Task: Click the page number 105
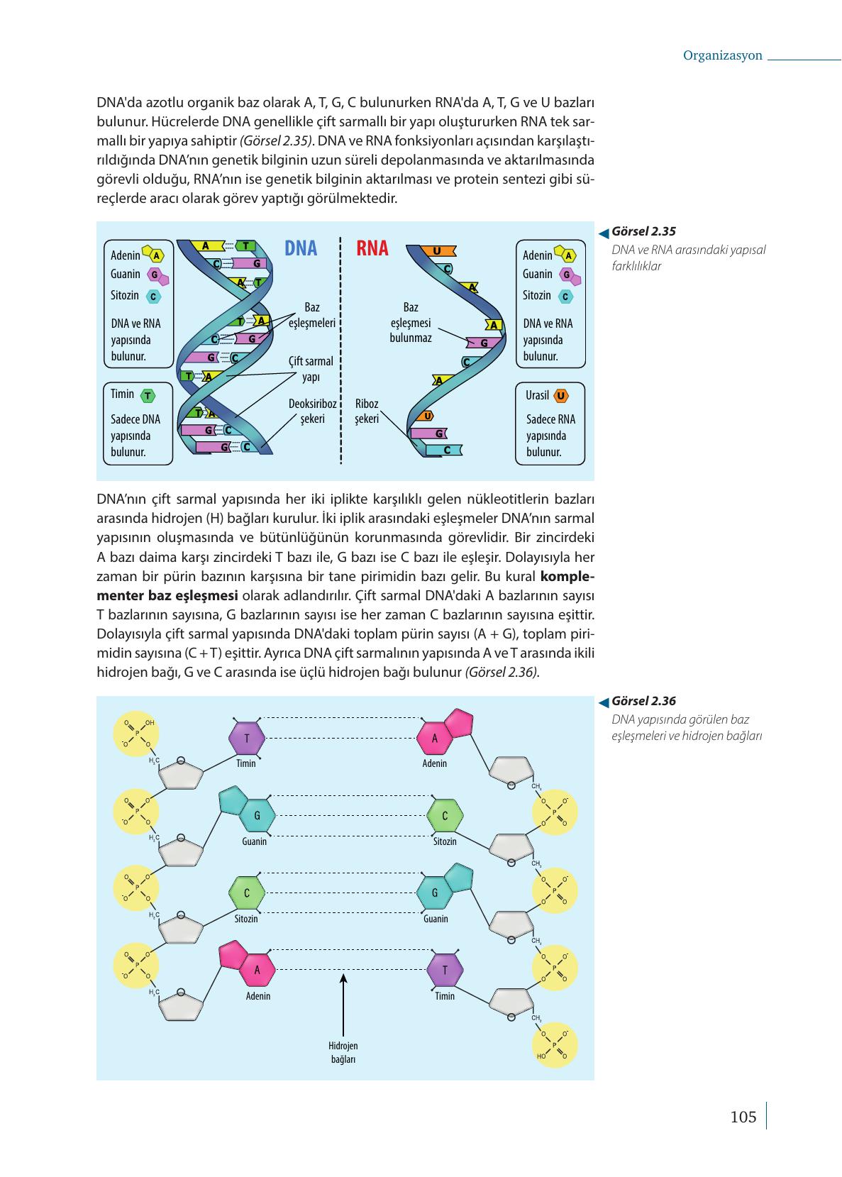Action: click(x=743, y=1117)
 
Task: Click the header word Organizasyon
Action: click(x=722, y=55)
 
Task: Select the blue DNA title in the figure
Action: click(x=301, y=248)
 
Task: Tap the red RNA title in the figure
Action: click(x=372, y=248)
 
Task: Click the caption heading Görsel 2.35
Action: click(x=643, y=231)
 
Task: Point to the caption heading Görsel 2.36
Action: click(x=643, y=701)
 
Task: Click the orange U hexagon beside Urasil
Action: click(x=561, y=396)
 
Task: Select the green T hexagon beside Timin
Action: click(x=148, y=396)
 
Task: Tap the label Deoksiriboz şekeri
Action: click(x=313, y=411)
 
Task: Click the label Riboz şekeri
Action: click(x=367, y=411)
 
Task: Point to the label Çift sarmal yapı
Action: click(x=311, y=369)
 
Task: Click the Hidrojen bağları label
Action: click(x=343, y=1052)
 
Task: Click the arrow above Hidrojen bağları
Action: click(x=343, y=1005)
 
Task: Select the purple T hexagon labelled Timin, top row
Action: click(x=247, y=738)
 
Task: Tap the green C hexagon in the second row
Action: click(x=445, y=815)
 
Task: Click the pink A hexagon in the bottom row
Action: click(x=257, y=970)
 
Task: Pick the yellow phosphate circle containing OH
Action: click(x=136, y=734)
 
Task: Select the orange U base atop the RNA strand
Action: click(x=437, y=251)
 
